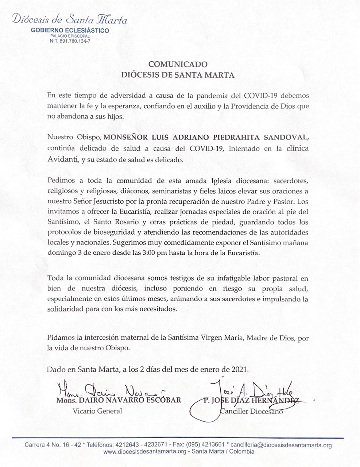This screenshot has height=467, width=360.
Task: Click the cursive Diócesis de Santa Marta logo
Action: (x=70, y=19)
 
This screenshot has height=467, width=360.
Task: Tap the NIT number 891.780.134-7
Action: (x=70, y=41)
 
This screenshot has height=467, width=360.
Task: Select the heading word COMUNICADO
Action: (x=178, y=65)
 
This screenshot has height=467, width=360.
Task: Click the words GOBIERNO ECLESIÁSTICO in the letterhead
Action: (x=70, y=30)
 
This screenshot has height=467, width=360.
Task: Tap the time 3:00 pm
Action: (x=154, y=253)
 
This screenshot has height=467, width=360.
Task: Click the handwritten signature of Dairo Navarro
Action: (x=109, y=391)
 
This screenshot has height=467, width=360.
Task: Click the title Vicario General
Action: (x=97, y=411)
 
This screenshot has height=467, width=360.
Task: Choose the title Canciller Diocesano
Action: (x=251, y=412)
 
